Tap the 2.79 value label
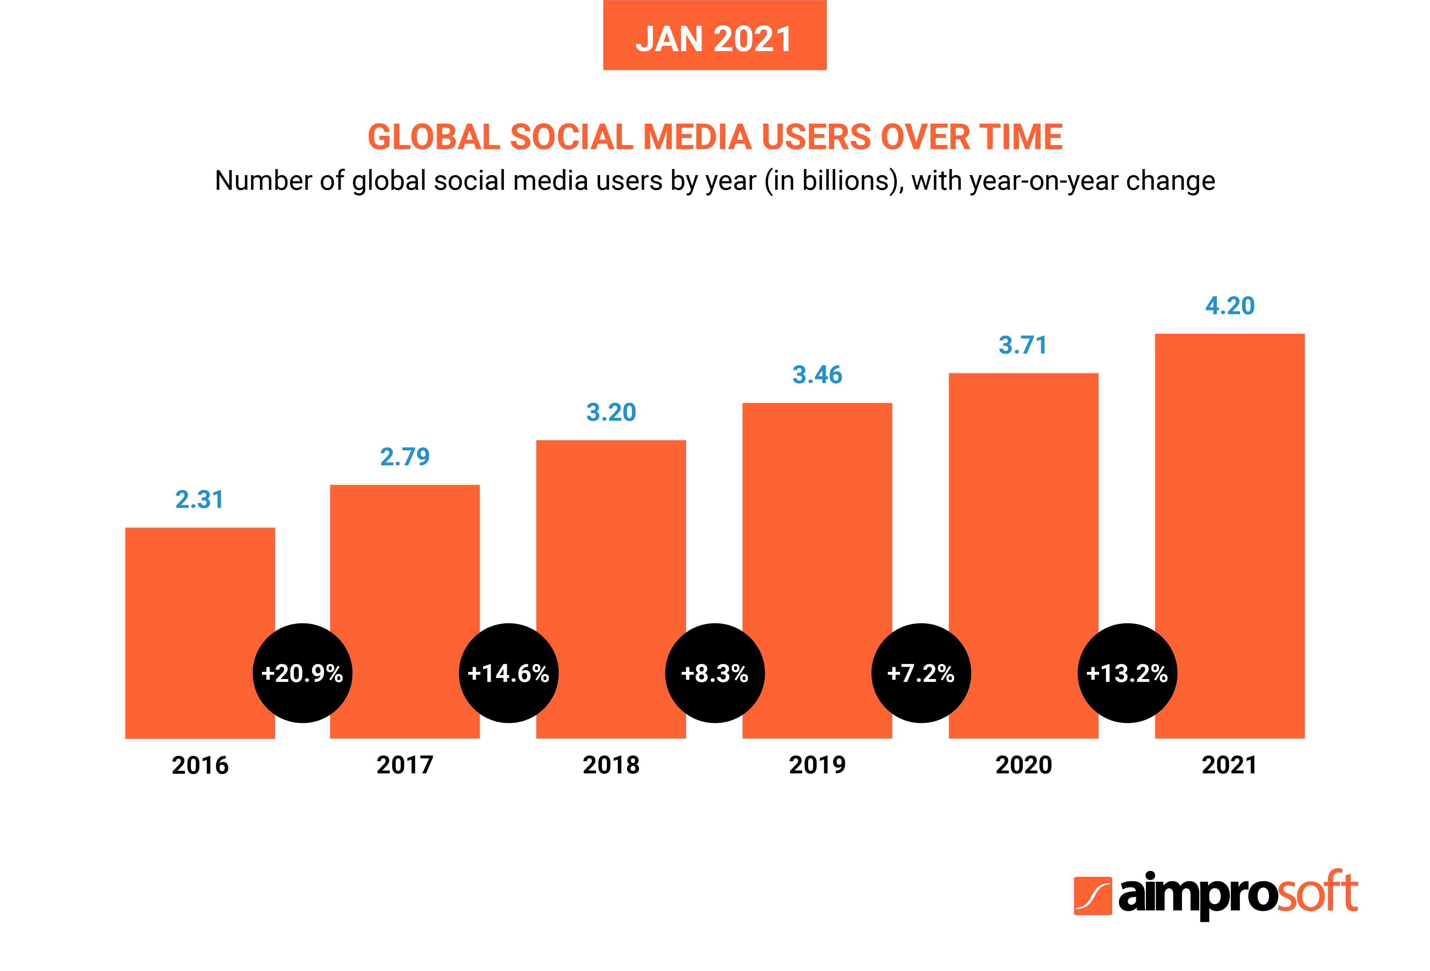(405, 457)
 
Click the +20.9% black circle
(302, 673)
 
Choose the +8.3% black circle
(714, 673)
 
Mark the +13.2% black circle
(1127, 673)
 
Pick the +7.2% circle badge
(921, 673)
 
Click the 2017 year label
(405, 765)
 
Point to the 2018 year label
(611, 765)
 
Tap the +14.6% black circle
(508, 673)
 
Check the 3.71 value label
(1023, 345)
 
